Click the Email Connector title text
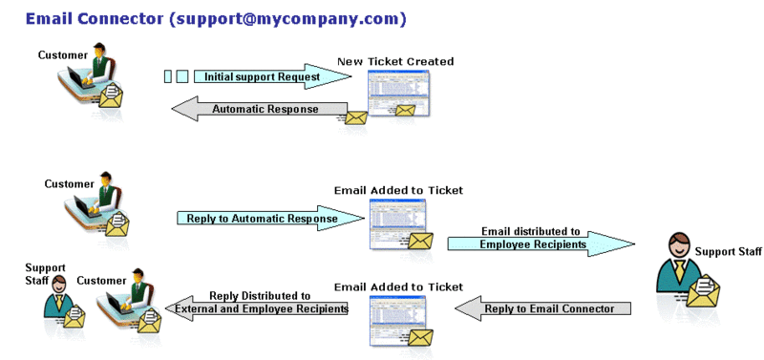[x=215, y=18]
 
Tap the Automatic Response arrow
[x=258, y=110]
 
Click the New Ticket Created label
[x=395, y=61]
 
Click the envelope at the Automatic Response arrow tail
[x=355, y=118]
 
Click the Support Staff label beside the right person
[x=729, y=251]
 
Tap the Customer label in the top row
[x=63, y=54]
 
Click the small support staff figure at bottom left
[x=59, y=296]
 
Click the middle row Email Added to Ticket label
[x=398, y=190]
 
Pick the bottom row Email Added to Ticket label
[x=398, y=286]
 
